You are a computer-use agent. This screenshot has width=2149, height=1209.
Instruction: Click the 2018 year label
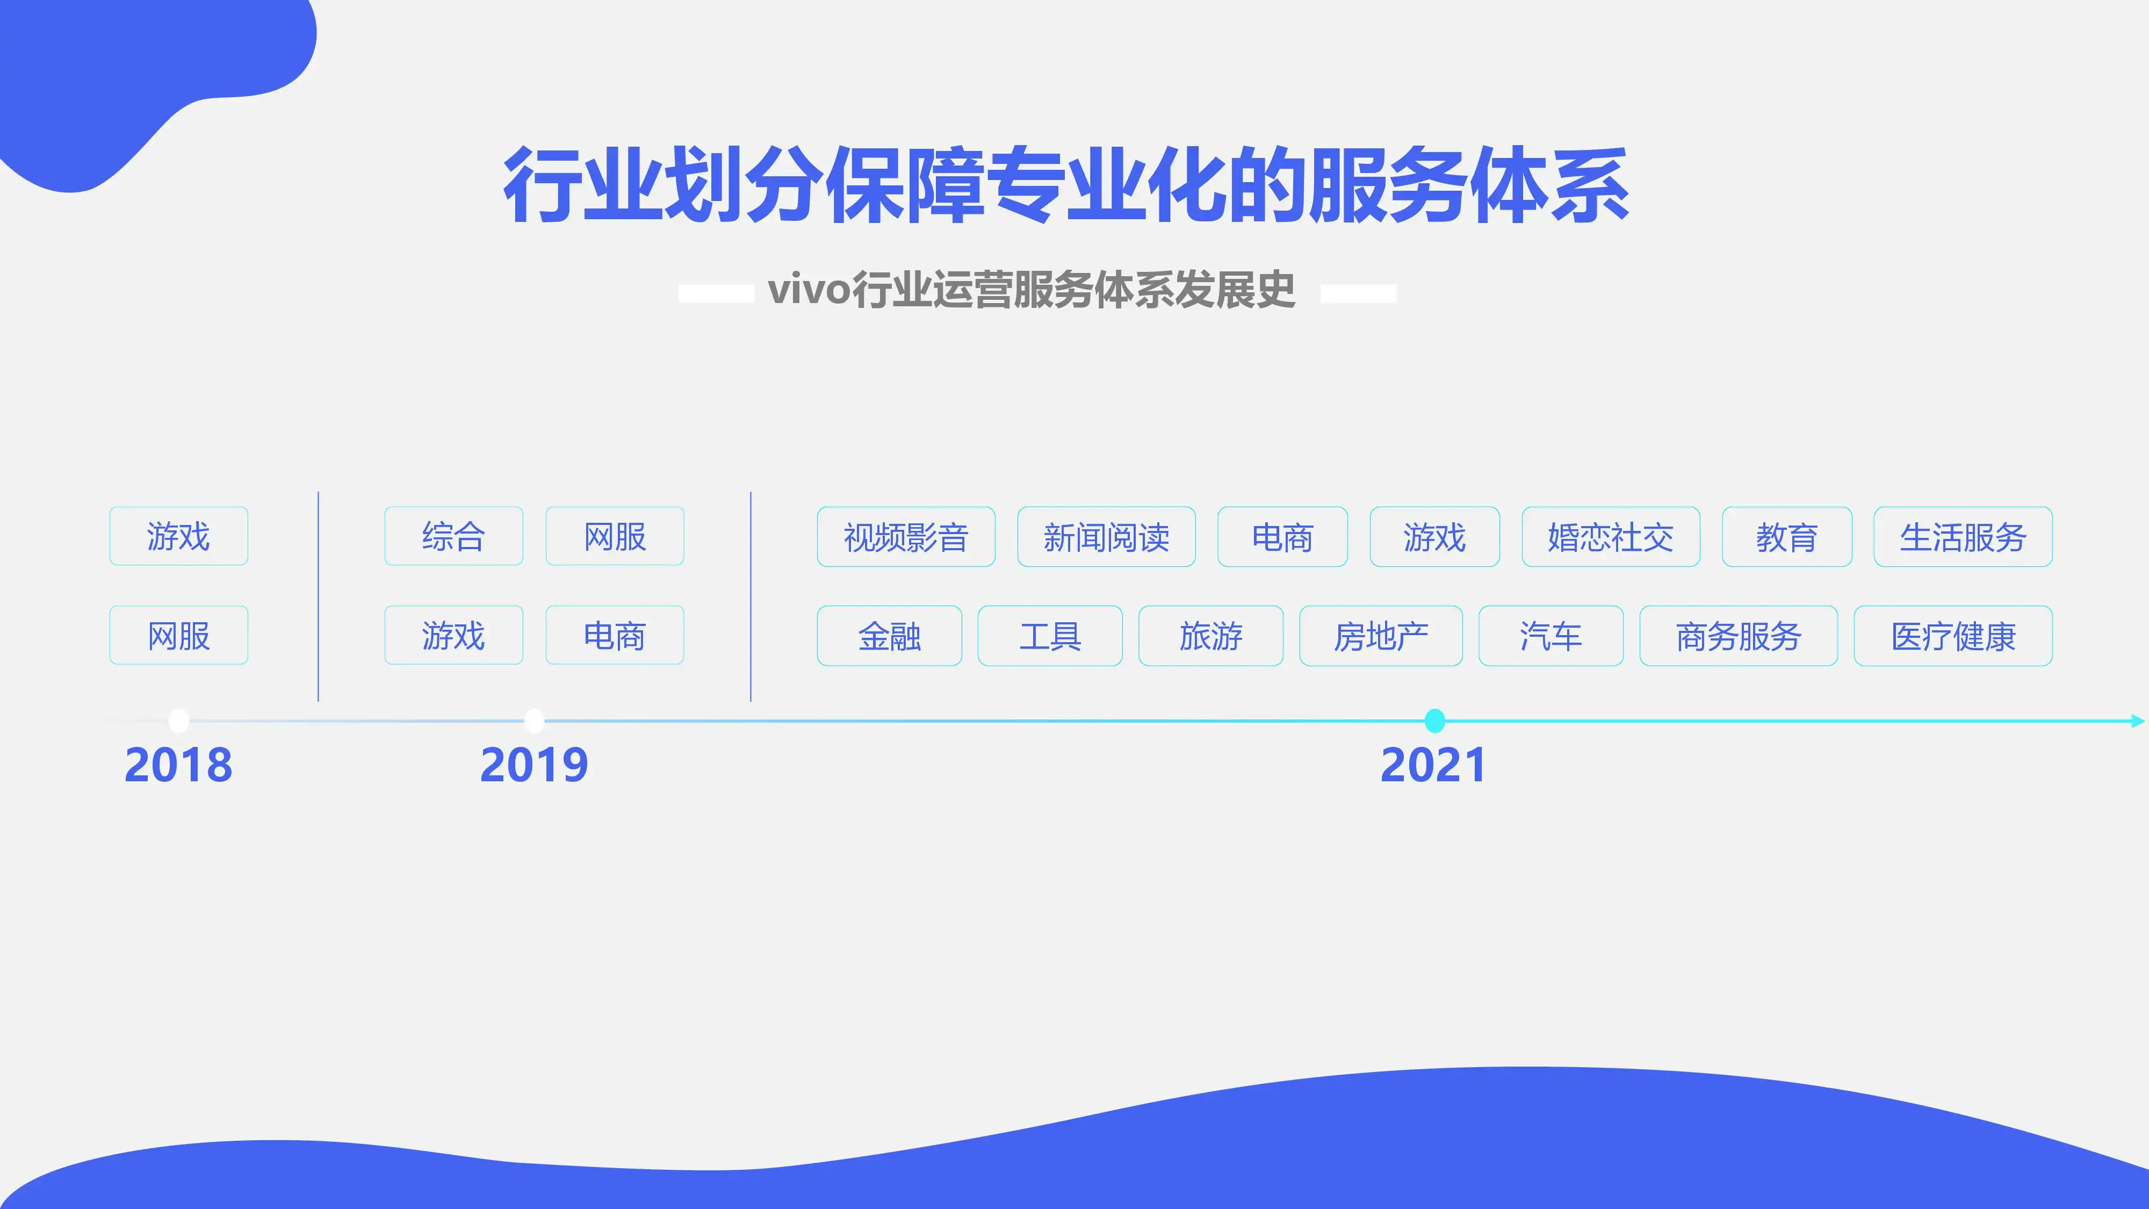tap(178, 765)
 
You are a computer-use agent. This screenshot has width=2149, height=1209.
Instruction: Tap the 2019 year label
tap(534, 765)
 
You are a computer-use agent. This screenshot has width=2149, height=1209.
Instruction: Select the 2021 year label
tap(1433, 765)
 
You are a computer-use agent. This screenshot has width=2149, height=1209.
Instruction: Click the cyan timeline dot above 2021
tap(1434, 720)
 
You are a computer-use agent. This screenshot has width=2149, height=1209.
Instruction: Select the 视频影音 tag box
tap(906, 536)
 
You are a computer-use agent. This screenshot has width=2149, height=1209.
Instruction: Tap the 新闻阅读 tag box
tap(1106, 536)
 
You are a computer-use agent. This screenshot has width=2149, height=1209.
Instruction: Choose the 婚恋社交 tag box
tap(1611, 536)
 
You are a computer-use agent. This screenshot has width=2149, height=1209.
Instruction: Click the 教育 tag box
tap(1787, 536)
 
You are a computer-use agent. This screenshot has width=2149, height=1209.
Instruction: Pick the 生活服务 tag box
tap(1963, 536)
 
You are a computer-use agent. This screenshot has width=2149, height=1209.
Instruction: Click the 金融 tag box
tap(889, 636)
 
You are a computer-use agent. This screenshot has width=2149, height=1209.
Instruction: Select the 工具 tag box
tap(1050, 636)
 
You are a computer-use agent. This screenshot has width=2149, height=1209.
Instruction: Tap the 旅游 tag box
tap(1211, 636)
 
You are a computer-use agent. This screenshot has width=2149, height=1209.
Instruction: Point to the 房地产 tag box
tap(1381, 636)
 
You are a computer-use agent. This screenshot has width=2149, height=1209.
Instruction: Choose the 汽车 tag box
tap(1551, 636)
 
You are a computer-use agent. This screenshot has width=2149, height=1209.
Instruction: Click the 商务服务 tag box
tap(1739, 636)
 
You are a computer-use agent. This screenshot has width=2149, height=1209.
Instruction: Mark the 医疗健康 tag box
tap(1953, 636)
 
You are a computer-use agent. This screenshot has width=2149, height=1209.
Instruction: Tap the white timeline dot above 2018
tap(178, 720)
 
